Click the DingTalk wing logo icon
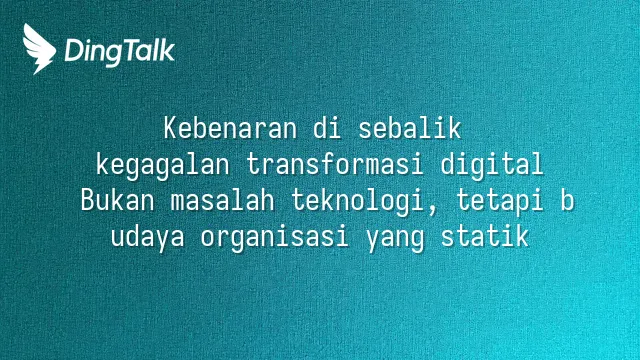click(x=39, y=49)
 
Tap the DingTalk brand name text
click(x=120, y=52)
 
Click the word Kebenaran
click(x=230, y=128)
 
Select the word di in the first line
click(x=328, y=128)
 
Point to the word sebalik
click(x=410, y=128)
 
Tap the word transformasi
click(x=335, y=164)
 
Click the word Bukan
click(x=118, y=200)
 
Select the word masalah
click(x=222, y=200)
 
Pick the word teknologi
click(x=358, y=202)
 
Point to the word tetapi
click(x=499, y=202)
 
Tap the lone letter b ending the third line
click(x=567, y=200)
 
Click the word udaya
click(x=148, y=238)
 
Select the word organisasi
click(x=275, y=238)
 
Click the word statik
click(x=485, y=236)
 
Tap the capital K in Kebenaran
click(x=171, y=128)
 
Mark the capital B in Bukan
click(x=88, y=200)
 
